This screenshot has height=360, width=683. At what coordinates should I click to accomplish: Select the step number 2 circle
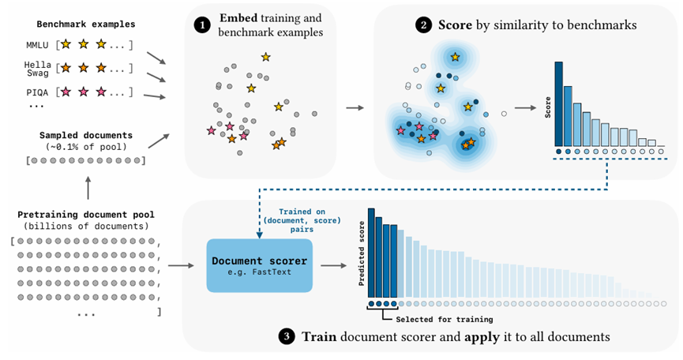(x=423, y=24)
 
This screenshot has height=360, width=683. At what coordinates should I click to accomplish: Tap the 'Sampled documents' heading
(x=86, y=136)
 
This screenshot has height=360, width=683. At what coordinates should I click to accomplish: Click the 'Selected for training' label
(x=444, y=319)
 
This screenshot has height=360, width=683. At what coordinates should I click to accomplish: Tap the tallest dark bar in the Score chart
(x=558, y=102)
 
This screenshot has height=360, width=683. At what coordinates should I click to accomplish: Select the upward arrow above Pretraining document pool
(x=88, y=187)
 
